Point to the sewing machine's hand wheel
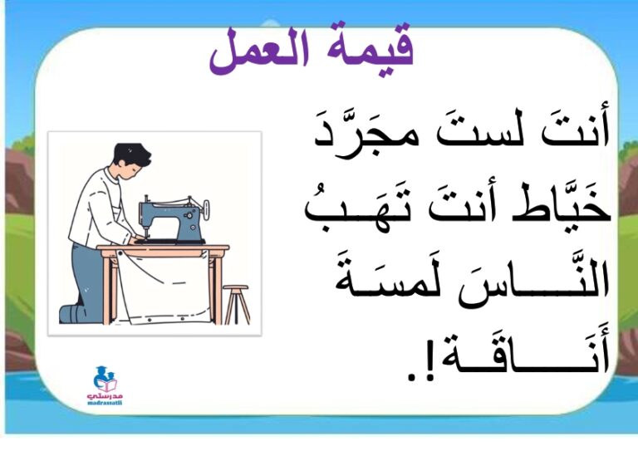205,209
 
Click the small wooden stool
237,304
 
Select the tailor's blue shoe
72,314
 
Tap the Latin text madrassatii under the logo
105,403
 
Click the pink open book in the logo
107,385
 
